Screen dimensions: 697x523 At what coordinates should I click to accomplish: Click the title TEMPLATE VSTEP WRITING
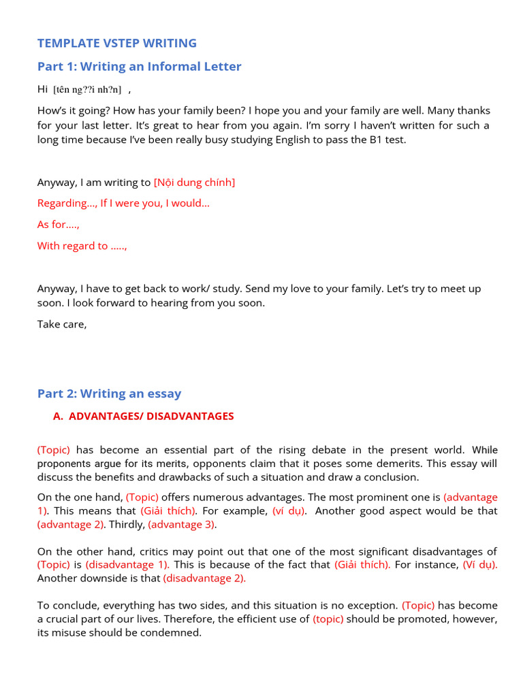[x=116, y=43]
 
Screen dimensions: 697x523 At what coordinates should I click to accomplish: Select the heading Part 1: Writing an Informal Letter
[x=139, y=66]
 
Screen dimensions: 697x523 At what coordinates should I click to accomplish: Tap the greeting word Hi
[x=43, y=89]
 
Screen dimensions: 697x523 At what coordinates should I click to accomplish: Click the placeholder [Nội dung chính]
[x=194, y=182]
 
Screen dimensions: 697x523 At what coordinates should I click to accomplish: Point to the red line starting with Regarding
[x=123, y=203]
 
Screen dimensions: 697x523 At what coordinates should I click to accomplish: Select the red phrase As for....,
[x=59, y=224]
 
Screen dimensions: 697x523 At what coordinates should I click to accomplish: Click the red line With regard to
[x=82, y=246]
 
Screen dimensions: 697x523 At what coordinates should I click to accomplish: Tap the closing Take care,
[x=62, y=324]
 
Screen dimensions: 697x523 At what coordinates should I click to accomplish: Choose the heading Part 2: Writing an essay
[x=109, y=393]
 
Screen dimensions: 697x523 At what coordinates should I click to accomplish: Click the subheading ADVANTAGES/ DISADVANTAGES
[x=151, y=416]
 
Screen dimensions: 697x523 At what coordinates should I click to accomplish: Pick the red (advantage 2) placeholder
[x=71, y=524]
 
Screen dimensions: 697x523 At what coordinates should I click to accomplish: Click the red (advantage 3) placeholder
[x=182, y=524]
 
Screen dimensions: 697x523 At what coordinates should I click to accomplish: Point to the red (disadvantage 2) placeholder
[x=204, y=578]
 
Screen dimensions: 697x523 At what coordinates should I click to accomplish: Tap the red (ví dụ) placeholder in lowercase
[x=289, y=510]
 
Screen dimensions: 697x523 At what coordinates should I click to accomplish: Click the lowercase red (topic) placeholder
[x=328, y=619]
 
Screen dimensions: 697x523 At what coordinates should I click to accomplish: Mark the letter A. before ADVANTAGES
[x=58, y=416]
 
